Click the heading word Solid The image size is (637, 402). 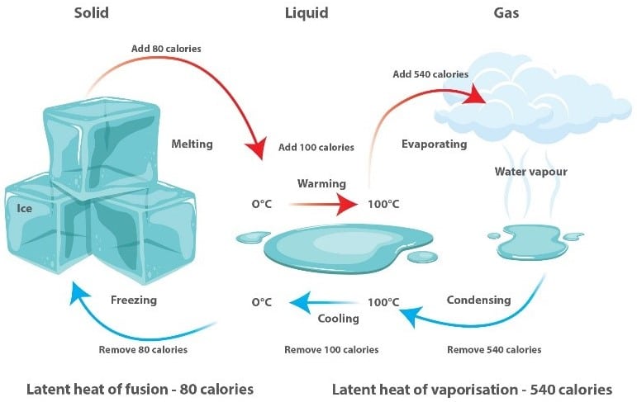(x=91, y=13)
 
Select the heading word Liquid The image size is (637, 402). (x=307, y=13)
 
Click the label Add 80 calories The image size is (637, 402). (x=166, y=48)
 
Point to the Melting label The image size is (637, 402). (x=192, y=144)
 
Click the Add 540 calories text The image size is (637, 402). (x=430, y=74)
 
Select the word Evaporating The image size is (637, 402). (x=434, y=144)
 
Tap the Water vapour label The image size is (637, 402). (x=530, y=172)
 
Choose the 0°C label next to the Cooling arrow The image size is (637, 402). (x=262, y=302)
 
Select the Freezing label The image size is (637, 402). (x=134, y=300)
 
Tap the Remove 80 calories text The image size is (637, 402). (x=143, y=349)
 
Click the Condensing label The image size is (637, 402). (x=478, y=300)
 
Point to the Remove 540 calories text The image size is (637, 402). (x=494, y=349)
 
